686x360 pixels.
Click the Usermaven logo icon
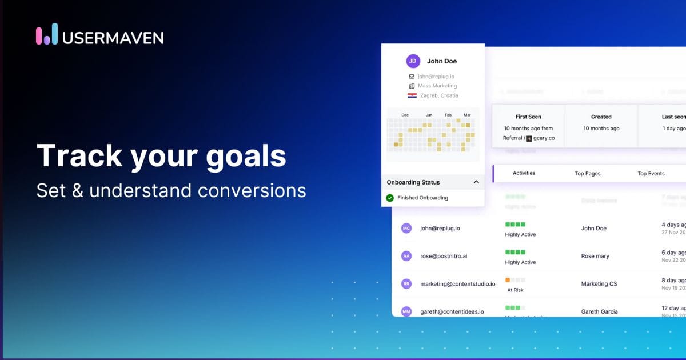[47, 34]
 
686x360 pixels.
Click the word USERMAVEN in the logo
[113, 38]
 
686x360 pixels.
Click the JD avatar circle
[413, 61]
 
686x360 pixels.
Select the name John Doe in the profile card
[442, 61]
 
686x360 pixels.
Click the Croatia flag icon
[412, 95]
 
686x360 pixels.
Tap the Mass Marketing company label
[437, 86]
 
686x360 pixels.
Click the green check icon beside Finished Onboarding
[390, 198]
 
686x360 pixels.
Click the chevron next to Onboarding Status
[476, 182]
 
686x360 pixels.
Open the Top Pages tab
[588, 173]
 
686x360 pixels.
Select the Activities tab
[524, 173]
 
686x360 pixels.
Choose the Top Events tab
[651, 173]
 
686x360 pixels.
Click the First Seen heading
[528, 117]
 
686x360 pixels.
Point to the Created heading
[601, 117]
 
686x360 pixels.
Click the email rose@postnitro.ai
[444, 256]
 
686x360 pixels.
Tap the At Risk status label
[515, 290]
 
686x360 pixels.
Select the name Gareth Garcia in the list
[599, 311]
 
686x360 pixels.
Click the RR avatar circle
[406, 283]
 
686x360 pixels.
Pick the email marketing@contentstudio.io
[457, 283]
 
